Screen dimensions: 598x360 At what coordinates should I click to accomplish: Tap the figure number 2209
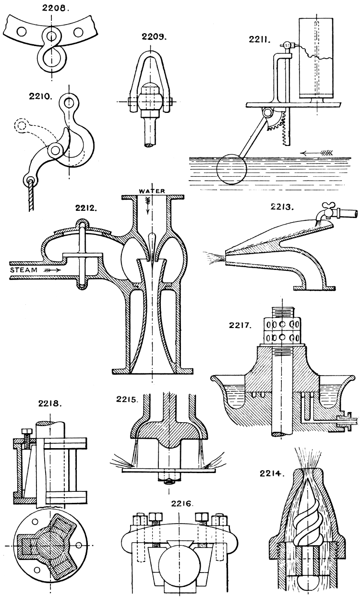point(154,37)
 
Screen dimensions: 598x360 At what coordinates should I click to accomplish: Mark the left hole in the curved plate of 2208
point(20,32)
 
